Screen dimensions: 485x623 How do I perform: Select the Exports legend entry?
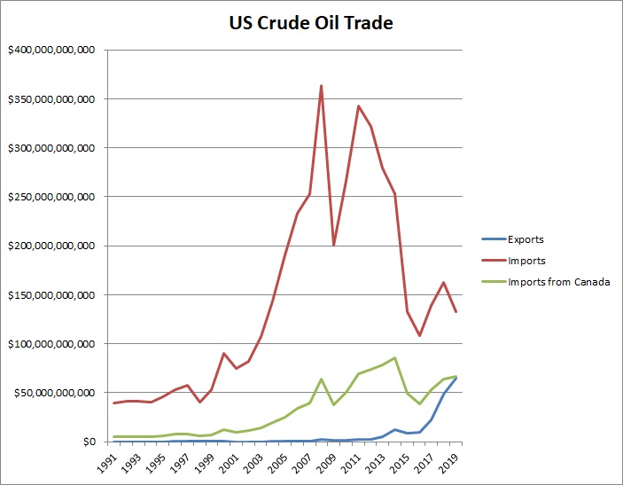coord(526,239)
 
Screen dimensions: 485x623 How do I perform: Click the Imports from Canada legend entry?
coord(560,282)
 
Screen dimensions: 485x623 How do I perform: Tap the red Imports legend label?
coord(527,261)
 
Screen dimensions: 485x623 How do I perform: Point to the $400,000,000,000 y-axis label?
coord(51,51)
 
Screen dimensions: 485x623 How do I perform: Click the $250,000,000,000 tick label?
coord(51,197)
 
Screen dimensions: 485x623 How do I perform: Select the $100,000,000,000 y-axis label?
coord(51,343)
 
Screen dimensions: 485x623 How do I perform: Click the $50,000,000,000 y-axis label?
coord(55,392)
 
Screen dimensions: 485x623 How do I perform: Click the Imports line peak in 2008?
coord(321,86)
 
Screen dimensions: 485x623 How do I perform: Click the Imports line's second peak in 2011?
coord(358,106)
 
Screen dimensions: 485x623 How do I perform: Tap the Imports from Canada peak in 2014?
coord(394,357)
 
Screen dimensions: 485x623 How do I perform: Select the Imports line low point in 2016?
coord(419,335)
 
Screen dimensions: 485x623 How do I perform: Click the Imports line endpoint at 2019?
coord(456,311)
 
